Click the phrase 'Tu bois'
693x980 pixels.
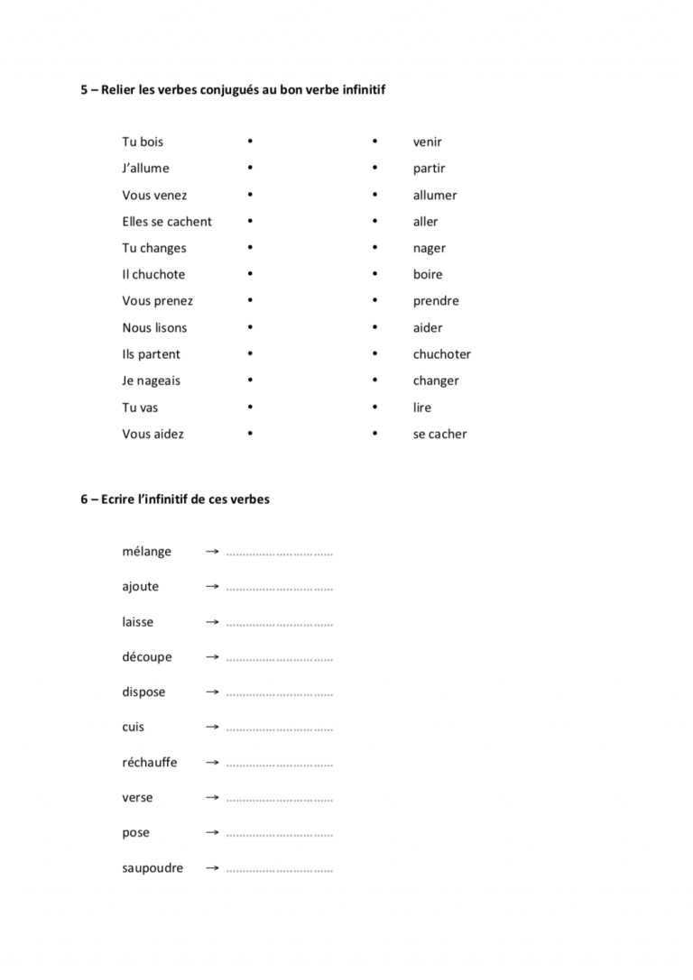tap(143, 142)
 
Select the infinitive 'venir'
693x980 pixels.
tap(428, 142)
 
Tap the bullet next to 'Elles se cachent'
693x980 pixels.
tap(250, 221)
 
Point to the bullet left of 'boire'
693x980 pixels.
tap(374, 274)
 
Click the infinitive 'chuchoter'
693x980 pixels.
tap(442, 354)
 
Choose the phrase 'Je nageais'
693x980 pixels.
tap(152, 380)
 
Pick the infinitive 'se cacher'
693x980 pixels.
tap(440, 434)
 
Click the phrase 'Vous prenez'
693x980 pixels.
tap(158, 301)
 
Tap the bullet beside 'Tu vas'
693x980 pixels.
tap(250, 408)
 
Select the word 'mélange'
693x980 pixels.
tap(147, 552)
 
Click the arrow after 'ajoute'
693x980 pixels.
tap(212, 586)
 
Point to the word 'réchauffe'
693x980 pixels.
tap(150, 763)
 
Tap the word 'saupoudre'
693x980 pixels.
tap(152, 868)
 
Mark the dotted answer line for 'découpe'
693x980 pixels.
tap(280, 659)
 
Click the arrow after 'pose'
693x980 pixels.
tap(212, 832)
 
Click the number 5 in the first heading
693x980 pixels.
tap(84, 90)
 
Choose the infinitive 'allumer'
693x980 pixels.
tap(435, 195)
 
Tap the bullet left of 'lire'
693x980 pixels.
tap(374, 408)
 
